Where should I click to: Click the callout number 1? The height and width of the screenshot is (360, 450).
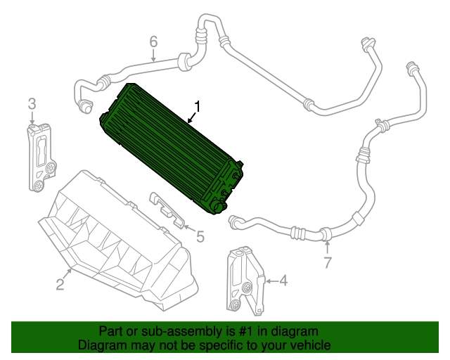pyautogui.click(x=198, y=107)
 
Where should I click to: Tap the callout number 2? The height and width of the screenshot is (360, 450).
pyautogui.click(x=60, y=284)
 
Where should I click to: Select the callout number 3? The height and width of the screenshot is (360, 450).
pyautogui.click(x=32, y=104)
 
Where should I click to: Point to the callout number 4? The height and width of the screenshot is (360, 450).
pyautogui.click(x=283, y=281)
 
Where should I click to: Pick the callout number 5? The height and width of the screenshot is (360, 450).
pyautogui.click(x=200, y=237)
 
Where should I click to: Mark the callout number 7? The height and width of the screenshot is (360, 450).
pyautogui.click(x=326, y=264)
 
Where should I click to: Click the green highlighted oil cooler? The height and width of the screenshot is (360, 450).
pyautogui.click(x=169, y=148)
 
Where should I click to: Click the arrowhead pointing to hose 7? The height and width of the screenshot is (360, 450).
pyautogui.click(x=327, y=243)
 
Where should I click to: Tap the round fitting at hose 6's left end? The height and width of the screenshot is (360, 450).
pyautogui.click(x=85, y=106)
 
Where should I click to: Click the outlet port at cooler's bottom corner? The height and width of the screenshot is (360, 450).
pyautogui.click(x=217, y=206)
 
